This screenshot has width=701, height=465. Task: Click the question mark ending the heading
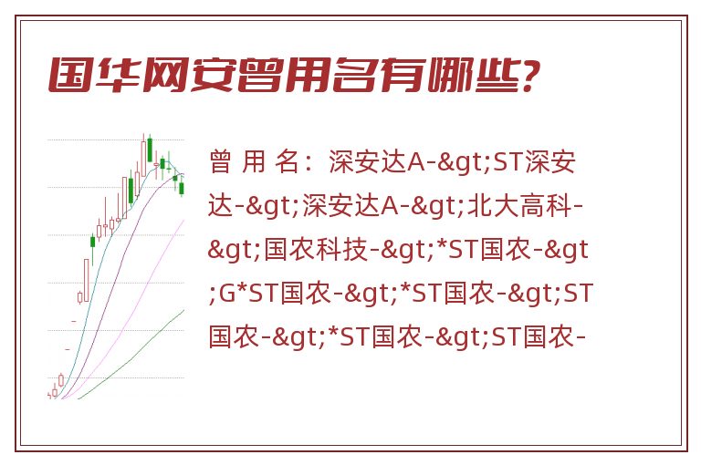[529, 75]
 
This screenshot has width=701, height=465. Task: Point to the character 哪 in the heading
[448, 75]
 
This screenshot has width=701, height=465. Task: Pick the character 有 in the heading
[401, 75]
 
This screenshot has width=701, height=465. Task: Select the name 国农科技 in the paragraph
[316, 250]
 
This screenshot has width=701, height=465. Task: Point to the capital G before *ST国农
[226, 294]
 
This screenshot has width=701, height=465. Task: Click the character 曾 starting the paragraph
[220, 162]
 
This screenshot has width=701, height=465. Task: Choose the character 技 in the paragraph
[355, 250]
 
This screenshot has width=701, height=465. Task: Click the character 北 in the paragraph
[480, 206]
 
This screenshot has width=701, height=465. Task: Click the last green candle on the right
[182, 188]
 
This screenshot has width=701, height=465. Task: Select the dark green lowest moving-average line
[131, 356]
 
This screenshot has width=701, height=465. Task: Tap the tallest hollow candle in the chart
[87, 279]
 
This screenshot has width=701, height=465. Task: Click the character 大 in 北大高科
[506, 206]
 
